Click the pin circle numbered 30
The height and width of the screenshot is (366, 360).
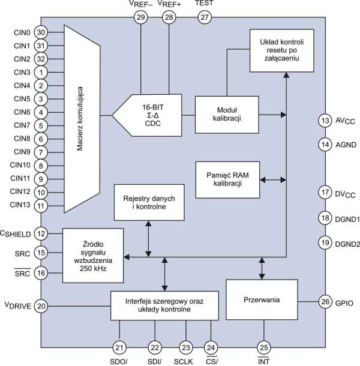coord(41,32)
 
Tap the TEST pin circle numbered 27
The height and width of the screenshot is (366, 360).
coord(205,18)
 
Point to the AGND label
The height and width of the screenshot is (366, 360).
coord(346,145)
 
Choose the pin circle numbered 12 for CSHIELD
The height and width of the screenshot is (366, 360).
coord(41,234)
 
